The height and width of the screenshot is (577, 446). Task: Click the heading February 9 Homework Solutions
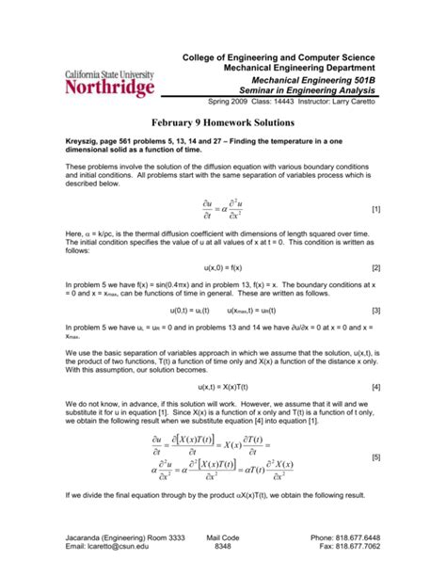point(222,123)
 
